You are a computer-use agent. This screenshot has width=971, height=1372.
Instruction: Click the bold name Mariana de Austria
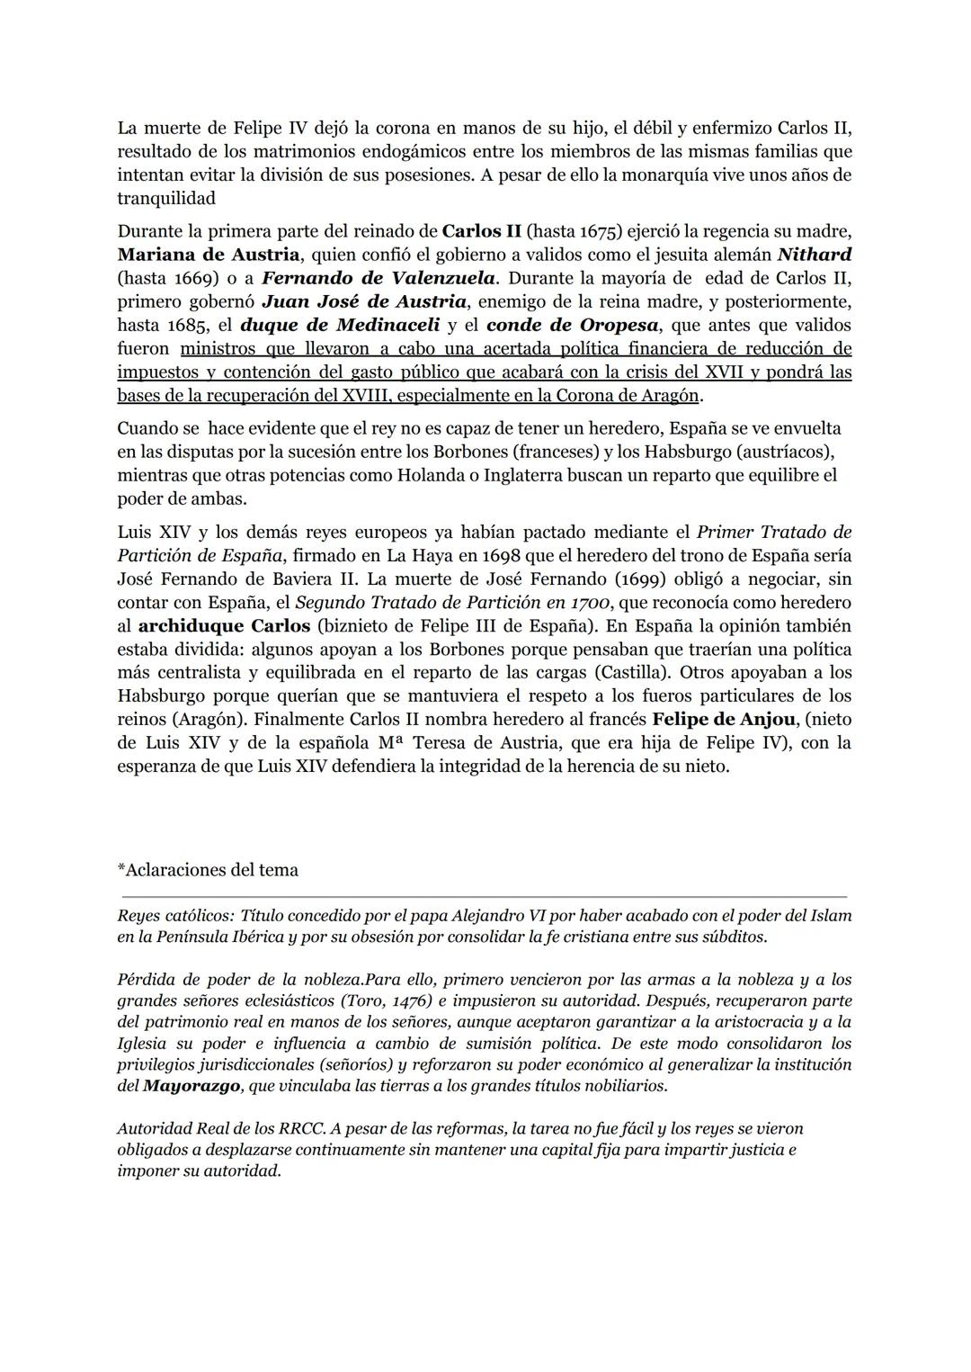tap(208, 255)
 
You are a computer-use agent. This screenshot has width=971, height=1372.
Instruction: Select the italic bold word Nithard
tap(814, 255)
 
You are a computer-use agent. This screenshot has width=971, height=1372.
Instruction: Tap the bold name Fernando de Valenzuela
tap(378, 278)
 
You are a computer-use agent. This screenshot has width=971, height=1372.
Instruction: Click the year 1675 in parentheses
tap(598, 231)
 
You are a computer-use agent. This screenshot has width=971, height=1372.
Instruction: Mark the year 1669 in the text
tap(187, 278)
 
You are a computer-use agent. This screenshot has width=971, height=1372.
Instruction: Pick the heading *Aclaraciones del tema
tap(208, 870)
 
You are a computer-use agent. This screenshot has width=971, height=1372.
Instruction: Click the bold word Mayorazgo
tap(192, 1086)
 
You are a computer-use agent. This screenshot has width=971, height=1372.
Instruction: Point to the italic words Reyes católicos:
tap(175, 916)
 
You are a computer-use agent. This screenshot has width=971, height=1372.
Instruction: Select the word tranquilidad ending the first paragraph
tap(166, 198)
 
